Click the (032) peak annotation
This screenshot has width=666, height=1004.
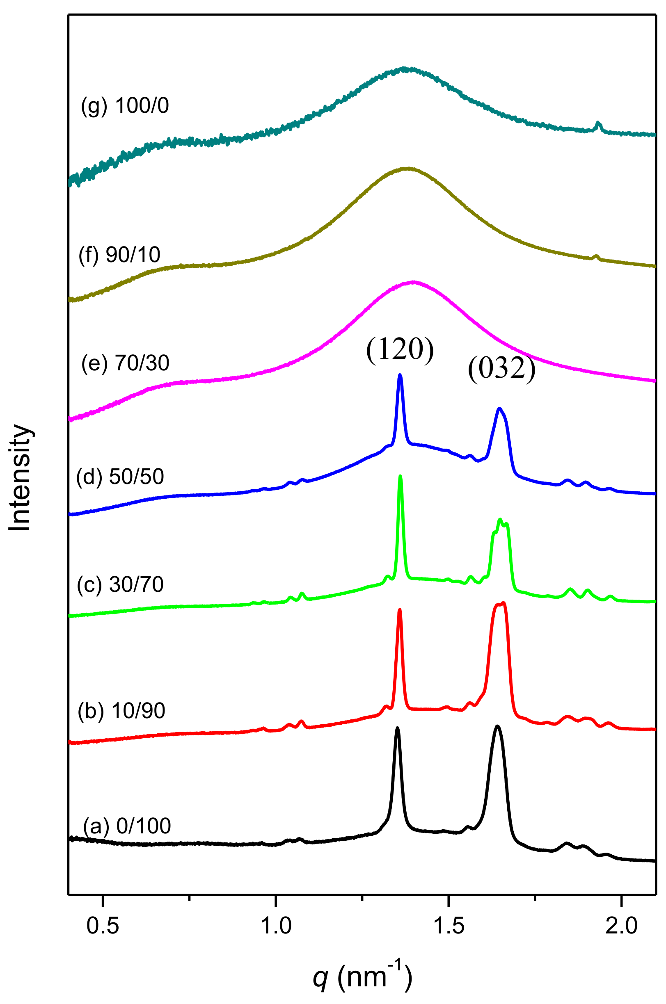(501, 370)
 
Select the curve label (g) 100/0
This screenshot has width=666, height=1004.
(125, 105)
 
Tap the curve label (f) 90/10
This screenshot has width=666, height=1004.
(119, 255)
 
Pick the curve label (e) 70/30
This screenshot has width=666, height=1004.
(125, 363)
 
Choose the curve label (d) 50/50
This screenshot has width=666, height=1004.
(120, 476)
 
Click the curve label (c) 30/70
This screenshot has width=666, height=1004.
(121, 584)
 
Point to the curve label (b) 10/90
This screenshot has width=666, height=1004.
(121, 711)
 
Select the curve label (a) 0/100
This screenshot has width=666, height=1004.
(126, 826)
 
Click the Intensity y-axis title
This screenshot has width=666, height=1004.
(20, 477)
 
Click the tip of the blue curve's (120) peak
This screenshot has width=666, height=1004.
(400, 375)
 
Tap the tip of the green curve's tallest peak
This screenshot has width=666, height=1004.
(400, 476)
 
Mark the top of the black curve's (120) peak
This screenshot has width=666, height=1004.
(398, 728)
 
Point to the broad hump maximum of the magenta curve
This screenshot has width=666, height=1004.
(413, 281)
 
